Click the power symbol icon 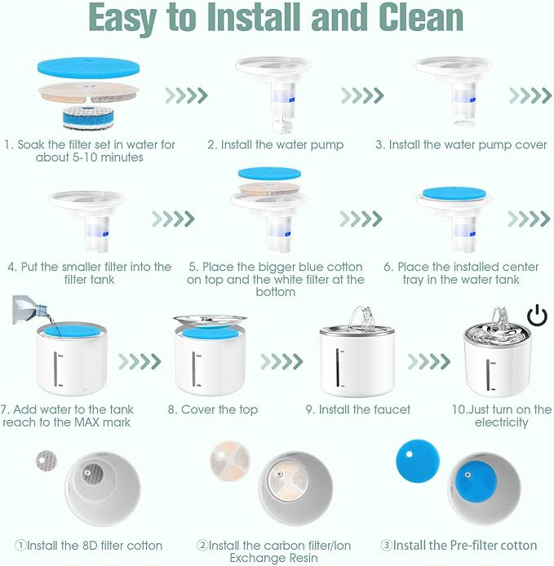pos(537,315)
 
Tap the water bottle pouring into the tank pos(29,309)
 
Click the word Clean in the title pos(421,17)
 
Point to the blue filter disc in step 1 pos(88,68)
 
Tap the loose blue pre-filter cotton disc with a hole pos(418,461)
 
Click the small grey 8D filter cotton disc pos(47,460)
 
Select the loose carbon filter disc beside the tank pos(230,460)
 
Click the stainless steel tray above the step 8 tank pos(210,321)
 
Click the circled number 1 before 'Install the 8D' pos(20,545)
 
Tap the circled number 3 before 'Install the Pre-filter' pos(387,545)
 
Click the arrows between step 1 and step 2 pos(186,95)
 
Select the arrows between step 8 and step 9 pos(281,361)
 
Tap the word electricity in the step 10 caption pos(501,422)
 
